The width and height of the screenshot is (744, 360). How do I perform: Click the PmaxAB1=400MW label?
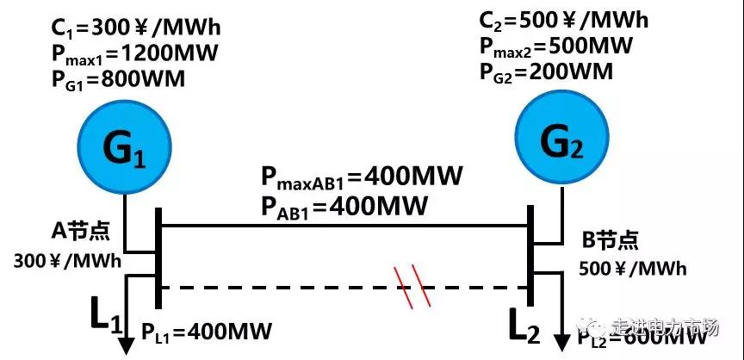click(362, 177)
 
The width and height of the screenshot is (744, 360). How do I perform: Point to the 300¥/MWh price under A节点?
click(67, 259)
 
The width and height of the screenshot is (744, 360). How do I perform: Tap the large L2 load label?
click(522, 326)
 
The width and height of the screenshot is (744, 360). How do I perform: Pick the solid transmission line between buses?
click(344, 227)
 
